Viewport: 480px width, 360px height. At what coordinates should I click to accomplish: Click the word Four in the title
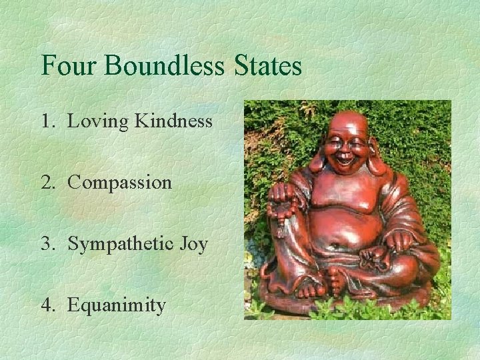point(64,66)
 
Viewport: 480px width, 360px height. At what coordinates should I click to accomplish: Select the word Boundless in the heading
point(161,66)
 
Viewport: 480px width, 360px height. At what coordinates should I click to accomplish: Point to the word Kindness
point(173,121)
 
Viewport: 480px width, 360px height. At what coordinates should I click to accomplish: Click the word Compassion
point(120,183)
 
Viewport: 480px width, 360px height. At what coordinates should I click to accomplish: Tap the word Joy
point(193,245)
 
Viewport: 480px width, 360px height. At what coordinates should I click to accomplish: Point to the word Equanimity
point(117,306)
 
